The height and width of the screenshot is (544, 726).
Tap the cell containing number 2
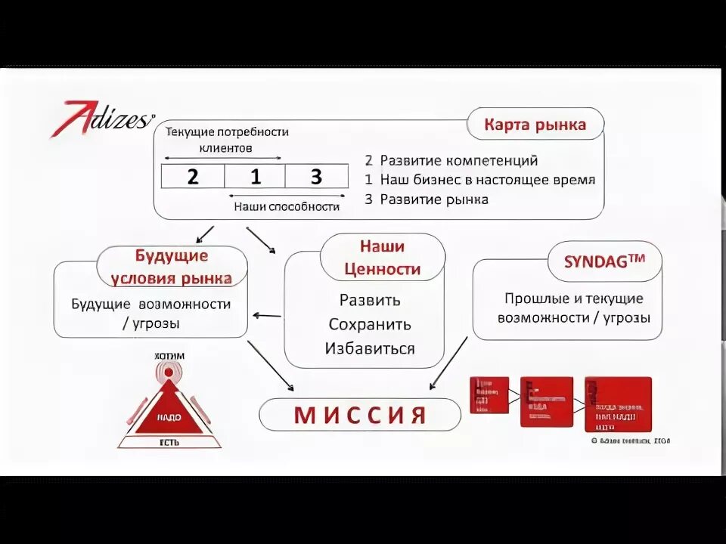[193, 177]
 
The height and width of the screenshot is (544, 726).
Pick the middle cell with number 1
[255, 177]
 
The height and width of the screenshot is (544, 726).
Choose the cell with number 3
[316, 177]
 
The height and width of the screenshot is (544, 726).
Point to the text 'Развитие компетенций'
[458, 160]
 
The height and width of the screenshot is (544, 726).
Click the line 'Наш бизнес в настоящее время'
[487, 180]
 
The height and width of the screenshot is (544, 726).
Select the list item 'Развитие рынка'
[433, 199]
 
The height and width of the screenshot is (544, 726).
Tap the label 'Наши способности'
[287, 206]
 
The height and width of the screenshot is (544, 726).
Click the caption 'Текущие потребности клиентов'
[227, 139]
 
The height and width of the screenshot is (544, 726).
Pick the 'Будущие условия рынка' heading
[172, 267]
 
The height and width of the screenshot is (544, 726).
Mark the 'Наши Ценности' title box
[382, 257]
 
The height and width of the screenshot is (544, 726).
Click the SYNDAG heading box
[604, 262]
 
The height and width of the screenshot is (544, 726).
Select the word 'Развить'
[370, 299]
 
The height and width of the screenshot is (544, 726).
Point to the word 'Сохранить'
[370, 324]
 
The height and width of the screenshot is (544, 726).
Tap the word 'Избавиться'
[370, 348]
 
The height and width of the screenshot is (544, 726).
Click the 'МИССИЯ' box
[360, 415]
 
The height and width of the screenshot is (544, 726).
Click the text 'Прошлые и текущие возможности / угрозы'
[573, 308]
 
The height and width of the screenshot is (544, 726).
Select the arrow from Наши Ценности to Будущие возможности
[267, 316]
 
